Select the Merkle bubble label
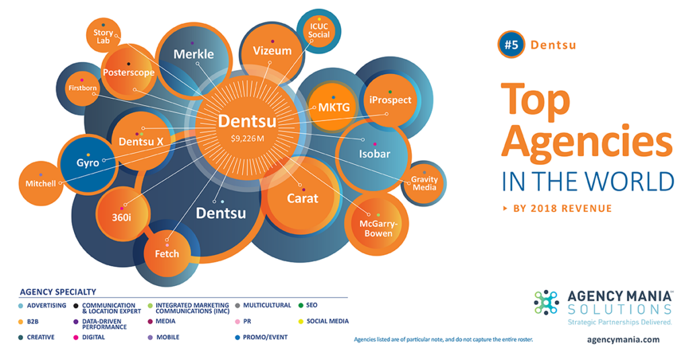click(x=193, y=54)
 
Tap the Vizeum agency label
click(x=272, y=50)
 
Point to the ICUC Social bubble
click(x=319, y=30)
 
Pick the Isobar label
click(x=374, y=154)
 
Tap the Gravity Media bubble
click(x=425, y=183)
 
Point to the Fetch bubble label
click(x=167, y=254)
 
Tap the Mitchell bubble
click(x=41, y=183)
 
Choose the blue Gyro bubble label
click(x=87, y=163)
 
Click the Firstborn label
click(x=83, y=87)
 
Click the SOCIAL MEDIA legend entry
click(x=327, y=321)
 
